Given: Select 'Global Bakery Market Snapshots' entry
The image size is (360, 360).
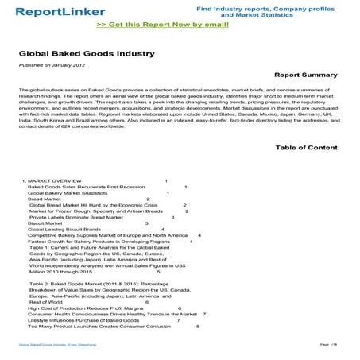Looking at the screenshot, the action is [x=68, y=193].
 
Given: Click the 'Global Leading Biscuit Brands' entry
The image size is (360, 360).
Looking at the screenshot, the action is [x=64, y=230].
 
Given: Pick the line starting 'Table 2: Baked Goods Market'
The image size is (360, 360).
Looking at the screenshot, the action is [x=91, y=284].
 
